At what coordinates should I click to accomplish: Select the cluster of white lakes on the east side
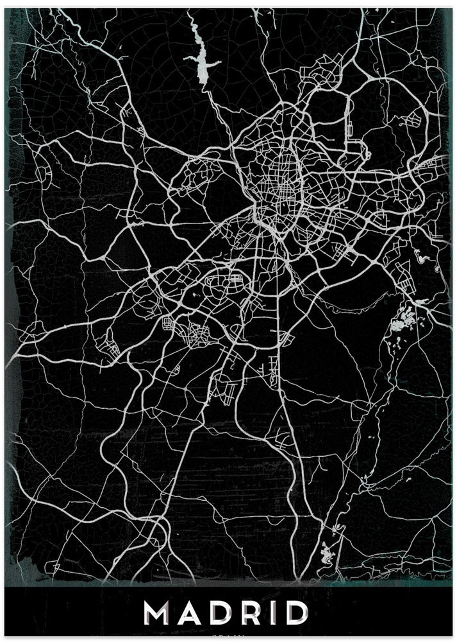pyautogui.click(x=403, y=321)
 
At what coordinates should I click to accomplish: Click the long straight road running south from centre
pyautogui.click(x=278, y=321)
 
